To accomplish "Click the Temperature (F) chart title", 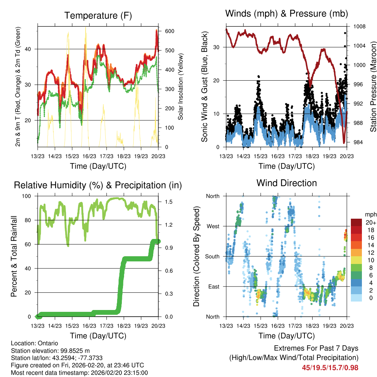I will coord(98,16).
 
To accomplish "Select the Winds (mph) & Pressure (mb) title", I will coord(286,14).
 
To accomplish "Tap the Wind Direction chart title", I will coord(286,183).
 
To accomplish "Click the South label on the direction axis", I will coord(212,256).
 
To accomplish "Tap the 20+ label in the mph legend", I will coord(370,223).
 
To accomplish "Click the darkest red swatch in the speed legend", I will coord(356,222).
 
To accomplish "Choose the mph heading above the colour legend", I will coord(370,214).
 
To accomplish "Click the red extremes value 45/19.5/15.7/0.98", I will coord(330,367).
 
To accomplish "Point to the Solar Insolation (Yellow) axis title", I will coord(180,87).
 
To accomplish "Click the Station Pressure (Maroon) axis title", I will coord(373,87).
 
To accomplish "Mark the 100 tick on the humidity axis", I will coord(30,196).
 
